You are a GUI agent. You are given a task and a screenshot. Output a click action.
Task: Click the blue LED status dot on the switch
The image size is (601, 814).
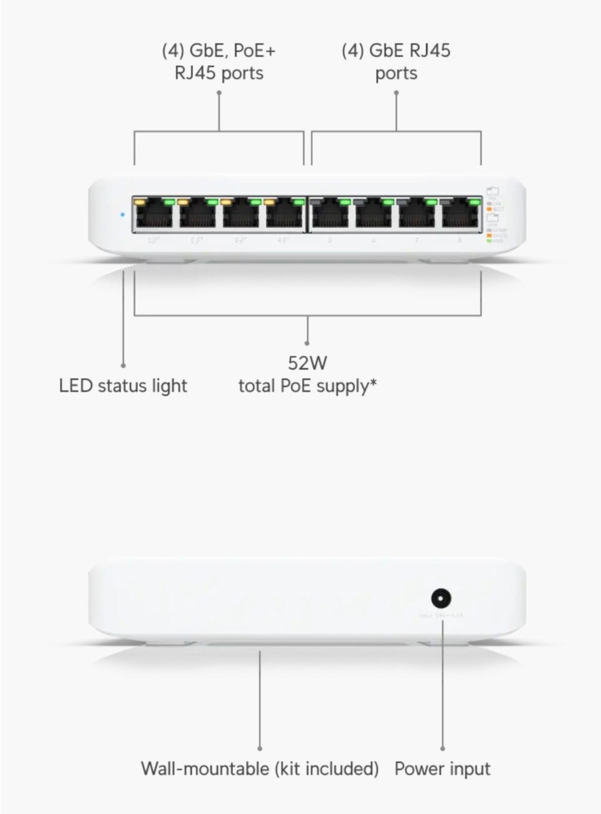[x=121, y=215]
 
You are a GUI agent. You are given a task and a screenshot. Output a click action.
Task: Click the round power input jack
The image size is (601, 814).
[x=443, y=598]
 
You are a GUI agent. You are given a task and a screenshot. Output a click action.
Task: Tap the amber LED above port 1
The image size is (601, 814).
[x=141, y=202]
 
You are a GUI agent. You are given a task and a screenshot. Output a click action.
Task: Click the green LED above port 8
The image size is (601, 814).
[x=475, y=202]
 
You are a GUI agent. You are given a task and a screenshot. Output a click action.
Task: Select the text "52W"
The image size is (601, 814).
[x=307, y=363]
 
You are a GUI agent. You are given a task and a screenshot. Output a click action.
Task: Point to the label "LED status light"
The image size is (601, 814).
[x=123, y=385]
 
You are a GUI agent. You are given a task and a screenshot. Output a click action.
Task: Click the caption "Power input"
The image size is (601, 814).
[x=443, y=768]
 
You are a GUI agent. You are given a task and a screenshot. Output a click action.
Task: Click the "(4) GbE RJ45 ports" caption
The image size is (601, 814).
[x=396, y=61]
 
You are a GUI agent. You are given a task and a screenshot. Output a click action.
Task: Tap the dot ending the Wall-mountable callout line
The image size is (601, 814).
[x=260, y=748]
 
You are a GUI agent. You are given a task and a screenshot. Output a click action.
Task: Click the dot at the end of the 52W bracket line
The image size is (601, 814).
[x=307, y=343]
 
